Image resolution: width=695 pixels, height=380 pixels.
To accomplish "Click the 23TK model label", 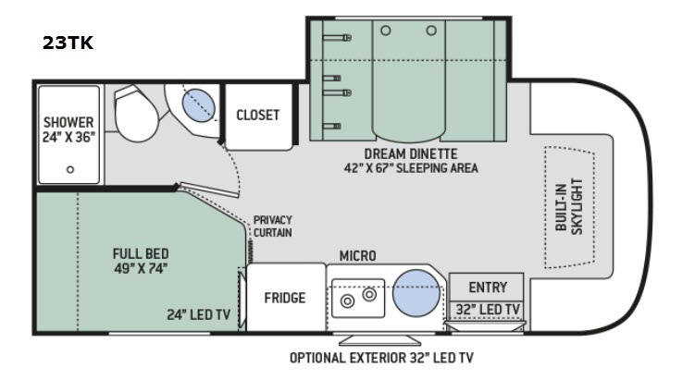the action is click(x=68, y=43).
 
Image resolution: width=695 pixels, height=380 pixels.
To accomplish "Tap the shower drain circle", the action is click(x=70, y=169).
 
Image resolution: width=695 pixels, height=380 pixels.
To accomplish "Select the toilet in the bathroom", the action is click(x=135, y=114).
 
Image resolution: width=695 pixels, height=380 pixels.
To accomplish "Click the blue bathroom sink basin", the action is click(x=199, y=105).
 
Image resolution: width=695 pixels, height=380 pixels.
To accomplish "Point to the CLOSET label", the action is click(x=258, y=116).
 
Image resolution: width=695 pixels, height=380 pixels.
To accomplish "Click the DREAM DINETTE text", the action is click(x=411, y=153).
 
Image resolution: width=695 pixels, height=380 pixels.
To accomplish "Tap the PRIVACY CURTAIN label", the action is click(x=273, y=227).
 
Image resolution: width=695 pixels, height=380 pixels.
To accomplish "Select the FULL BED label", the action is click(x=141, y=253).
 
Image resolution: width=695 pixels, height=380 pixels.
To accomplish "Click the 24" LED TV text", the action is click(x=199, y=314).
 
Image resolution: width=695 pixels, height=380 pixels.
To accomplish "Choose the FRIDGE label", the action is click(x=285, y=298).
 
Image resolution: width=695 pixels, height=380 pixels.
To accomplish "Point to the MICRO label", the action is click(x=358, y=255).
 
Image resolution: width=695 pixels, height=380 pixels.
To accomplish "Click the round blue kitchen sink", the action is click(x=416, y=293).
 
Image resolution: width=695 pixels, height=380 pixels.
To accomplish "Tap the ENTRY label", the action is click(x=488, y=288).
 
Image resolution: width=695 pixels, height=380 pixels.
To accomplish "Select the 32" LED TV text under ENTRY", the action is click(x=488, y=309).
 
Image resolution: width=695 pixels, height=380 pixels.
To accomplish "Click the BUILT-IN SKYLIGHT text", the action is click(x=569, y=206).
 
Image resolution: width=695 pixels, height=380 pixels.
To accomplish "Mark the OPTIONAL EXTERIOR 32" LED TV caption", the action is click(x=381, y=358).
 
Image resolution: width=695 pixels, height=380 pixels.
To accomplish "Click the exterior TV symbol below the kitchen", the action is click(x=379, y=340).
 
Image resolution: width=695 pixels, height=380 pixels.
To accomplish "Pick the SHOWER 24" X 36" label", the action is click(x=68, y=129).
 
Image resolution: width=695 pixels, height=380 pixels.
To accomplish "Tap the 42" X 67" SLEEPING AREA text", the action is click(x=411, y=168).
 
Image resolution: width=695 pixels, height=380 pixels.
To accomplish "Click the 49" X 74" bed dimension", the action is click(x=141, y=268).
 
